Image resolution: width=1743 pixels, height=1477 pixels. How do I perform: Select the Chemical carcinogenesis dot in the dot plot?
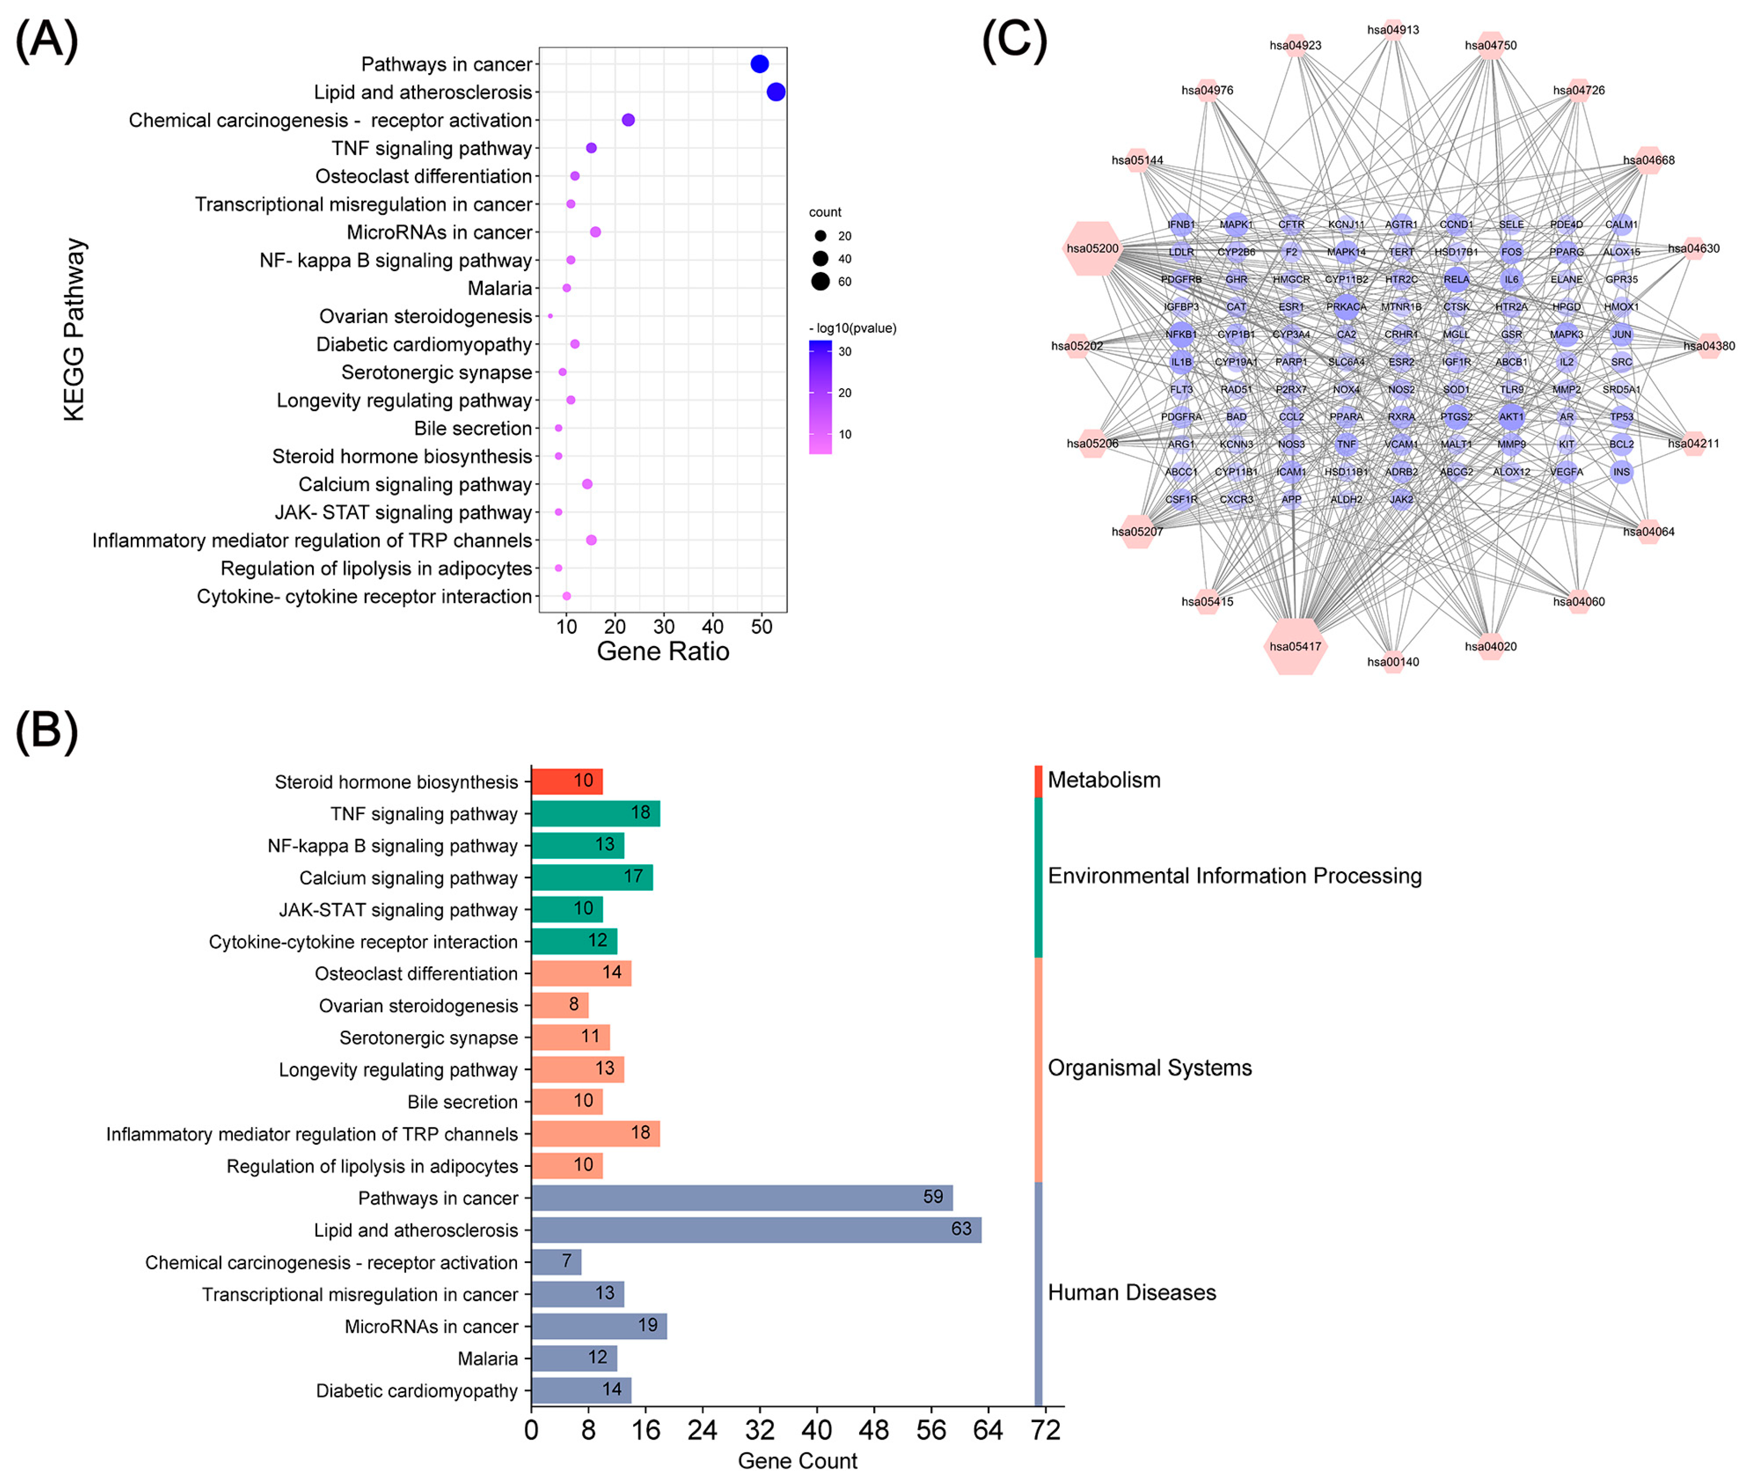click(x=628, y=120)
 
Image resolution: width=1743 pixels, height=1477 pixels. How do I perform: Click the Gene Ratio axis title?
click(x=662, y=652)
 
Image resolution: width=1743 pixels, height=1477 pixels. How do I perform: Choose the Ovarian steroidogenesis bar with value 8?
click(x=559, y=1005)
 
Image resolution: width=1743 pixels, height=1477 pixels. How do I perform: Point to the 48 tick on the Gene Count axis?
click(x=874, y=1429)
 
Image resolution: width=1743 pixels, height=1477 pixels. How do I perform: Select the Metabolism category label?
click(x=1103, y=780)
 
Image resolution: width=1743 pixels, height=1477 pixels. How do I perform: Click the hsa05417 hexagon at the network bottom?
click(x=1295, y=646)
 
